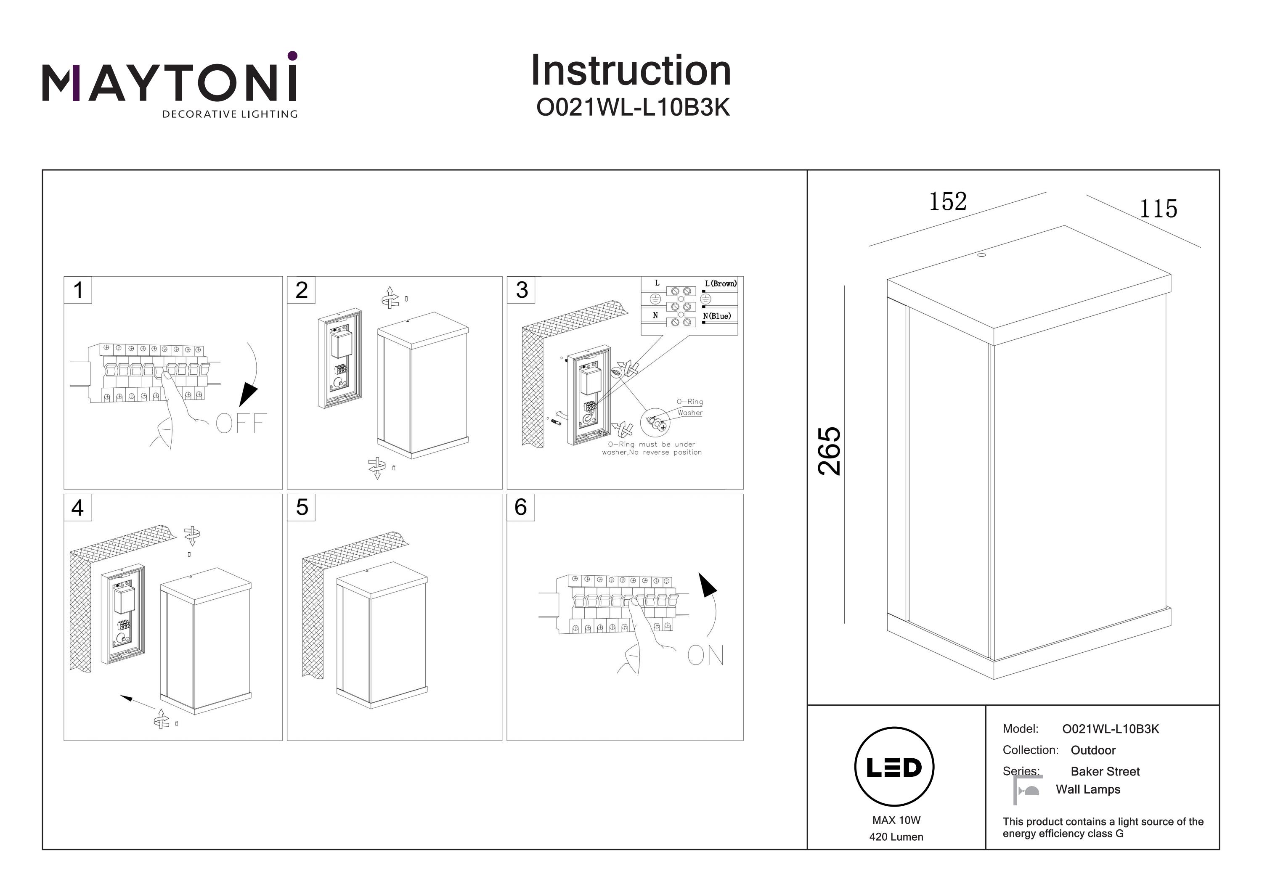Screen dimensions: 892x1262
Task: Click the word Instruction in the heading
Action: (631, 71)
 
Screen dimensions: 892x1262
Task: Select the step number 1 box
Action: (78, 290)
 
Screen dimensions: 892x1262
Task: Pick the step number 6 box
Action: (520, 507)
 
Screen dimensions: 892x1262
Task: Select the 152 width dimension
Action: (948, 202)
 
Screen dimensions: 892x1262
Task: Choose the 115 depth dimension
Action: (1158, 209)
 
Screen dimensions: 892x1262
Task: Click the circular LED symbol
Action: (894, 767)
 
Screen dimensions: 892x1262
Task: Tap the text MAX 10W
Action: (896, 820)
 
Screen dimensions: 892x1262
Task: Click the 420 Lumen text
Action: (896, 837)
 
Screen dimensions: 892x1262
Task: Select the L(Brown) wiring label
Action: (720, 283)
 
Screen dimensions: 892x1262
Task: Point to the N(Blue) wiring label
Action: (717, 316)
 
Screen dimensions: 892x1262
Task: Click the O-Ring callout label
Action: (689, 402)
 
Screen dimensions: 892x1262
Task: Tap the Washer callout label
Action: (690, 413)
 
